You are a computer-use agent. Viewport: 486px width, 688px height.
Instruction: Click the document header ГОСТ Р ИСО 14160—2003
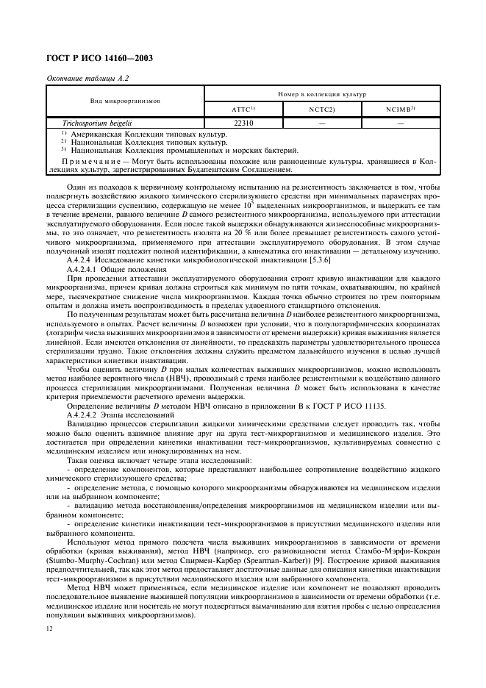coord(99,57)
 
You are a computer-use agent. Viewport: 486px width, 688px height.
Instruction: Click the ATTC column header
coord(243,110)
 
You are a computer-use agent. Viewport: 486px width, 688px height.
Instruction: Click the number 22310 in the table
coord(243,123)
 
